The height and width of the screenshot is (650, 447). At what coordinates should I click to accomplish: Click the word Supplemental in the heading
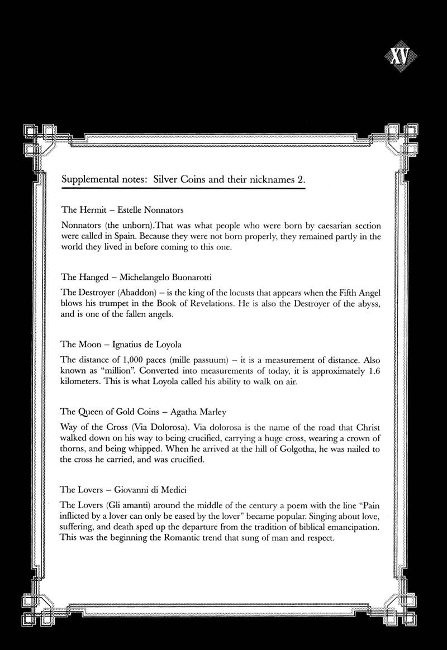pos(91,181)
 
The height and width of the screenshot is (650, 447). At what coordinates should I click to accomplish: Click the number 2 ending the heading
pos(300,181)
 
